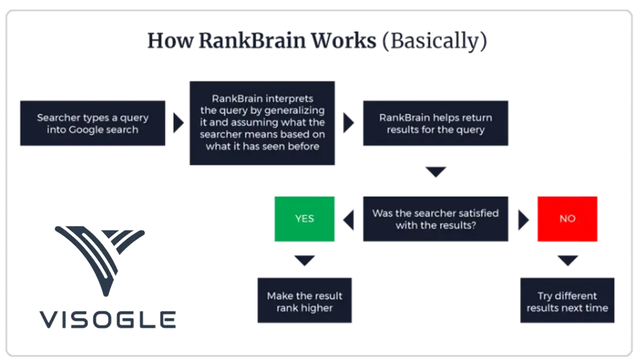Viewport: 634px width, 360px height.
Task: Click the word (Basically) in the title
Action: tap(434, 42)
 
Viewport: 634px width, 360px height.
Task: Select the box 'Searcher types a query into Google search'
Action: tap(93, 123)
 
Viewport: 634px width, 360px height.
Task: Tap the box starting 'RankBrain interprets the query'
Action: tap(262, 123)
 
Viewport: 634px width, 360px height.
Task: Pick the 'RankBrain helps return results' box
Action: tap(435, 123)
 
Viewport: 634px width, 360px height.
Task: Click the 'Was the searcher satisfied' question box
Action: tap(435, 219)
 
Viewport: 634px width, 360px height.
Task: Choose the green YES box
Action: tap(305, 219)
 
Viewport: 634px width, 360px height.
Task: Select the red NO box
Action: tap(567, 219)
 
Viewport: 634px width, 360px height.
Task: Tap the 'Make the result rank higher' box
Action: tap(305, 300)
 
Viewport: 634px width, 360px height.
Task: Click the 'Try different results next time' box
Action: tap(567, 300)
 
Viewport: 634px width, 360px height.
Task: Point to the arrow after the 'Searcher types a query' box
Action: tap(178, 123)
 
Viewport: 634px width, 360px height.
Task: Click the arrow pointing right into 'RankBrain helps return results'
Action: tap(349, 123)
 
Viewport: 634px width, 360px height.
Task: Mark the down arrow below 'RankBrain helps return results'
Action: tap(436, 172)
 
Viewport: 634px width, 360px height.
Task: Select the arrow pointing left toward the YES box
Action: tap(349, 220)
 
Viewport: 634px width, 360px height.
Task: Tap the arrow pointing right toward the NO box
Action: tap(524, 220)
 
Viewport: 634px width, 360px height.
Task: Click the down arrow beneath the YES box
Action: tap(305, 260)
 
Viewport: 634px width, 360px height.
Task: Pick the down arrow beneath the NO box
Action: tap(568, 260)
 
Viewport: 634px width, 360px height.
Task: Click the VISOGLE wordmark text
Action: tap(108, 320)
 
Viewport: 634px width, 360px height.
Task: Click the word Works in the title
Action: tap(343, 40)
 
